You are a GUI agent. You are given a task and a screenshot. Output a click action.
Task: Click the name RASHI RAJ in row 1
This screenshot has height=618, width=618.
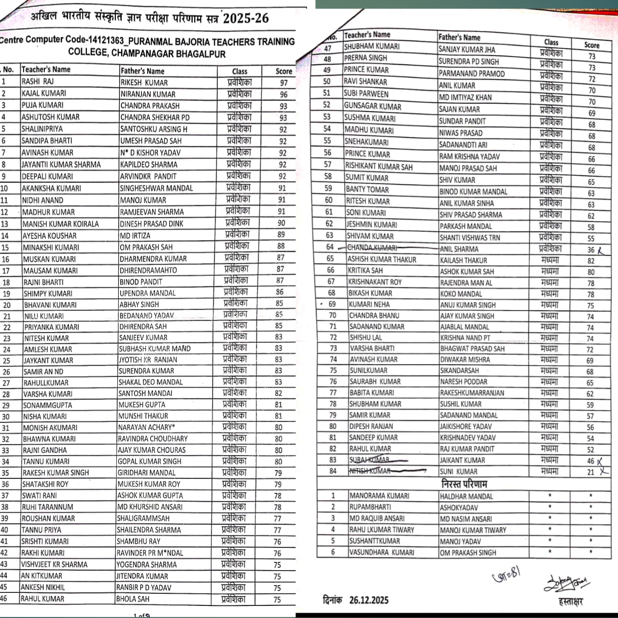tap(38, 82)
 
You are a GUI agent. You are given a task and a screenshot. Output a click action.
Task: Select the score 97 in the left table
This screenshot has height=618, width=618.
tap(284, 83)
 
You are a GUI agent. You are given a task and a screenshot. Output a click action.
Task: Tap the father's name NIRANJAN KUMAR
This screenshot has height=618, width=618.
tap(148, 94)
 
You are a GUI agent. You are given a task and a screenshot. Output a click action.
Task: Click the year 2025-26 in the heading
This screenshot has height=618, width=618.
tap(246, 19)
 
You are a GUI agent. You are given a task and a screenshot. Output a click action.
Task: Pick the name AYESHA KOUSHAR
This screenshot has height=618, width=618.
tap(49, 236)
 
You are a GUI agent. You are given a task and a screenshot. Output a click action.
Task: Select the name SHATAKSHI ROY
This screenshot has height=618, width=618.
tap(46, 484)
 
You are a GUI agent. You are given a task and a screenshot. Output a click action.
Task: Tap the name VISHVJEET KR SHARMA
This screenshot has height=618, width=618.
tap(54, 564)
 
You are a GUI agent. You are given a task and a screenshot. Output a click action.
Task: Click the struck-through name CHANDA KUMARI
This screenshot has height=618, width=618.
tap(372, 248)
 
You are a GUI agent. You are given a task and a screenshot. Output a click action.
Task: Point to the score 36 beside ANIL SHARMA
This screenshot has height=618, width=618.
tap(591, 250)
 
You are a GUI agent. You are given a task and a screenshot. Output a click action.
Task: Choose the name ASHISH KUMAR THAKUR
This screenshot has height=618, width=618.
tap(382, 259)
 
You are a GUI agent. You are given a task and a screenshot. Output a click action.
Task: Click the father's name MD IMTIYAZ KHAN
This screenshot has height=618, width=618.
tap(465, 97)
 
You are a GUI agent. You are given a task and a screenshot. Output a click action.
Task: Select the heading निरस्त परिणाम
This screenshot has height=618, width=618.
tap(464, 484)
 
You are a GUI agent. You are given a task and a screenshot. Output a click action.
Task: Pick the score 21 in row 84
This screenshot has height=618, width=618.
tap(591, 472)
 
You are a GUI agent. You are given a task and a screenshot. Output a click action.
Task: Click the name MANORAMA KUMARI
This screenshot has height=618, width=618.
tap(379, 496)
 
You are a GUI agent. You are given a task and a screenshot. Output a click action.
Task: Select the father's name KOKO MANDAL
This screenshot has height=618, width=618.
tap(461, 294)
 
